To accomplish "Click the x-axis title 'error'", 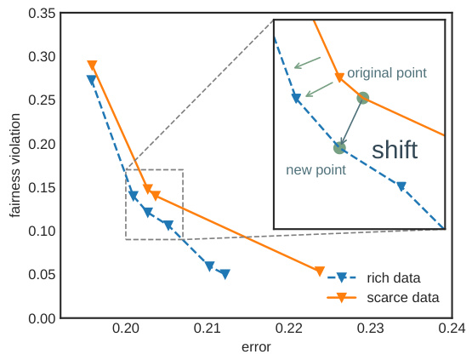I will click(255, 347).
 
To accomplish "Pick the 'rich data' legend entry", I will click(394, 277).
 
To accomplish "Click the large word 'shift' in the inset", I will click(395, 151).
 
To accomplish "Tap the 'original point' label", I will click(387, 73).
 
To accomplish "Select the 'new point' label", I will click(316, 170).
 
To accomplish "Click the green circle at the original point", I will click(363, 98).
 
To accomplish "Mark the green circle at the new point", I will click(339, 148).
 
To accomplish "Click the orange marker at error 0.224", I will click(320, 271).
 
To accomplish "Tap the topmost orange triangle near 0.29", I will click(92, 66).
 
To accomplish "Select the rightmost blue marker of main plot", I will click(225, 274).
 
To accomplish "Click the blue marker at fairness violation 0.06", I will click(209, 266).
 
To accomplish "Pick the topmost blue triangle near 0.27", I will click(92, 80).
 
